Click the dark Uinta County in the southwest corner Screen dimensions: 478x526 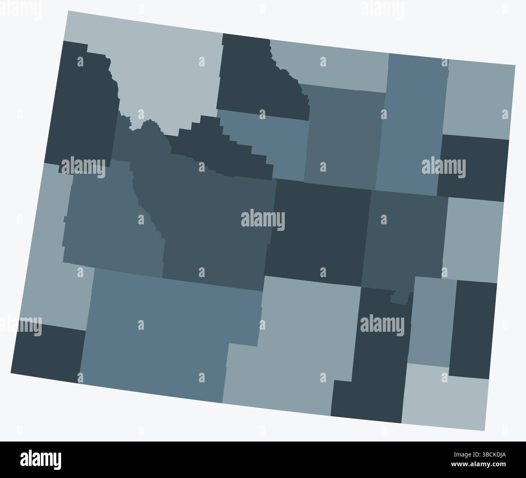[49, 352]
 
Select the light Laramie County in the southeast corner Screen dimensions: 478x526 [445, 401]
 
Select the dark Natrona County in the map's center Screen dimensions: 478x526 [320, 231]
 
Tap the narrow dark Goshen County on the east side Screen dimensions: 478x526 [473, 328]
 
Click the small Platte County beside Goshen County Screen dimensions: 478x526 [431, 320]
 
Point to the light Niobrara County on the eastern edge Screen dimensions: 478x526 [473, 239]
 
